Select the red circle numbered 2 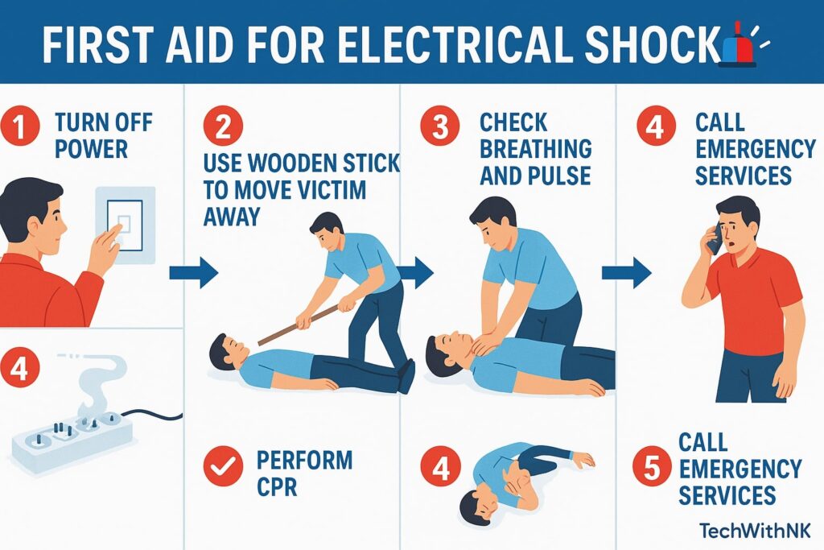[224, 126]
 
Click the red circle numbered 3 [440, 126]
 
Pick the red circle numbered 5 [652, 467]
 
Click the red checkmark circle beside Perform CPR [224, 465]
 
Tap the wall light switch [125, 225]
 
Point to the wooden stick [298, 325]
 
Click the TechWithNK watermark [755, 530]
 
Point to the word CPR [277, 486]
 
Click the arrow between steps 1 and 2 [193, 273]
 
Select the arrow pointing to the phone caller [626, 273]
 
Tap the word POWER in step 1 [91, 149]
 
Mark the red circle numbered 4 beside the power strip [19, 368]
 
